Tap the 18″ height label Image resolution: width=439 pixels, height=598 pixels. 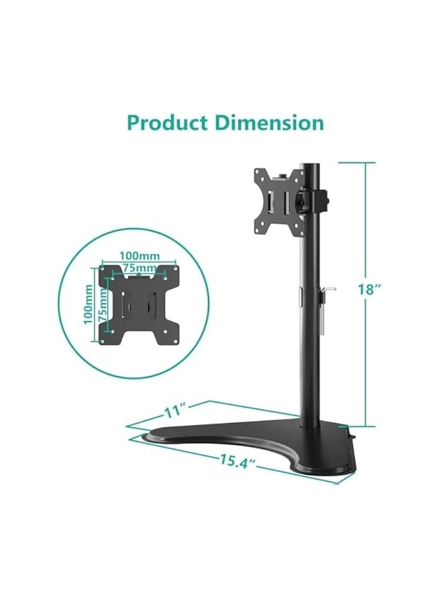click(x=370, y=290)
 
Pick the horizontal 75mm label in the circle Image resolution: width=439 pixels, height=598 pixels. click(x=139, y=267)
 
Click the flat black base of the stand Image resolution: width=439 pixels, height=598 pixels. click(x=237, y=434)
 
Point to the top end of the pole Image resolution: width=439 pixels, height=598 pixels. click(x=309, y=166)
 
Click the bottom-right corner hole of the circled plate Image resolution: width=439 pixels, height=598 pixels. click(x=175, y=340)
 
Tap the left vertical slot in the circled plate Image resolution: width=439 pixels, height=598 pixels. click(x=123, y=304)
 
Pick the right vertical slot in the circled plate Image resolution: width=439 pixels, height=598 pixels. click(x=152, y=304)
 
